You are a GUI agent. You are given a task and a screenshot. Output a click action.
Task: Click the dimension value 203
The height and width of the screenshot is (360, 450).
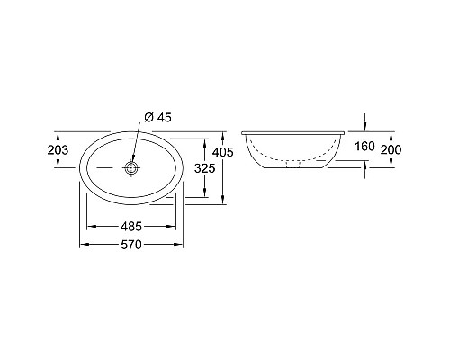pos(58,149)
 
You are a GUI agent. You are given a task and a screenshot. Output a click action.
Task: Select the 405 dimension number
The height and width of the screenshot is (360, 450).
pos(222,152)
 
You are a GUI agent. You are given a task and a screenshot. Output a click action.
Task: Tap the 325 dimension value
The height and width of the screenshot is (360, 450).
pos(205,168)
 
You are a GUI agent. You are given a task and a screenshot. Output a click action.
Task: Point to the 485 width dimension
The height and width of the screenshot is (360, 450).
pos(131,227)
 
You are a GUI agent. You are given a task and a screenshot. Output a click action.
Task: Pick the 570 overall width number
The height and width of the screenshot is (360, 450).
pos(131,245)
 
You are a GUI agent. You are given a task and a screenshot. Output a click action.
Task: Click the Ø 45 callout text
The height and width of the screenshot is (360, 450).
pos(157,117)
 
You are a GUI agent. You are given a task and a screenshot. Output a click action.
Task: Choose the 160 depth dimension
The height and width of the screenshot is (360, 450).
pos(364,147)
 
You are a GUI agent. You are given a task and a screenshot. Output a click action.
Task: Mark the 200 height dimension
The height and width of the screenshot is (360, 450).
pos(391,149)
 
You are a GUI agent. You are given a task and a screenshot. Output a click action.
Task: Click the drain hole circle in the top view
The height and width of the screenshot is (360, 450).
pos(131,167)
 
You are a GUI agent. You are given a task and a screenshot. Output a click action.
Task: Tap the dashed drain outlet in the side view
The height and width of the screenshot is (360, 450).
pos(293,165)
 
